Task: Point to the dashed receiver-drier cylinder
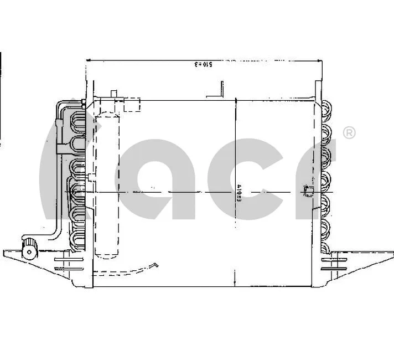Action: click(x=107, y=186)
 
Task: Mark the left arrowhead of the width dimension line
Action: click(x=89, y=60)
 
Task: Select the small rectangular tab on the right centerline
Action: click(x=308, y=192)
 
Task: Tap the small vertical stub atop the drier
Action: click(x=115, y=94)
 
